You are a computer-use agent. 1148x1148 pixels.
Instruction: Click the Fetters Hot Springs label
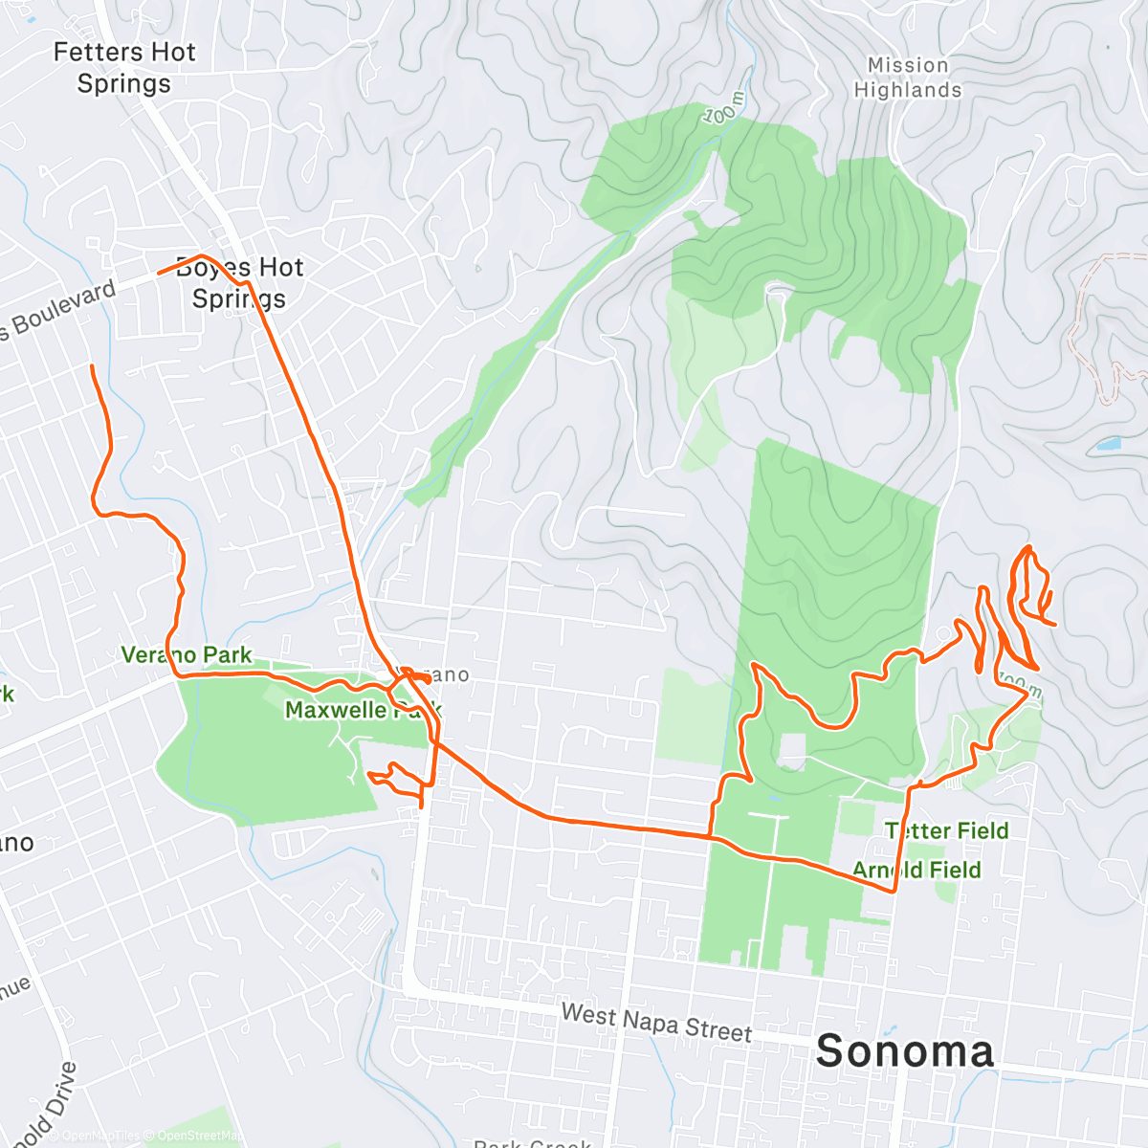coord(124,68)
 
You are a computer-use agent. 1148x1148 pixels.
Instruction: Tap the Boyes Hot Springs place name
coord(239,283)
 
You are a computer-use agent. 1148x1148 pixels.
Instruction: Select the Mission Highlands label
coord(908,77)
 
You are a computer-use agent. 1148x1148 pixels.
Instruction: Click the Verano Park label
coord(187,655)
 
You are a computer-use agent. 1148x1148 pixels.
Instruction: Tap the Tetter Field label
coord(946,830)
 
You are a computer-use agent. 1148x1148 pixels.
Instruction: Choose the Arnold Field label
coord(916,870)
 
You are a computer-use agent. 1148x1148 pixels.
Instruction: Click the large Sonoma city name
coord(905,1051)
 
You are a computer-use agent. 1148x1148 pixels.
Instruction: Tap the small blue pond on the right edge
coord(1108,444)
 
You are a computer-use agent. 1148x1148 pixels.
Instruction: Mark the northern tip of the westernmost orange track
coord(92,366)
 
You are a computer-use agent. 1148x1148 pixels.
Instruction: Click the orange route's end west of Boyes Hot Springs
coord(158,274)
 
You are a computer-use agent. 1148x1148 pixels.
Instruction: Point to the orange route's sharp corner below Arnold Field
coord(894,892)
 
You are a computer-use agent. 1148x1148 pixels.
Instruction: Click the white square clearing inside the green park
coord(791,751)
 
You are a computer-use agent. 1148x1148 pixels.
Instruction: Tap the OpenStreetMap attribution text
coord(199,1136)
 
